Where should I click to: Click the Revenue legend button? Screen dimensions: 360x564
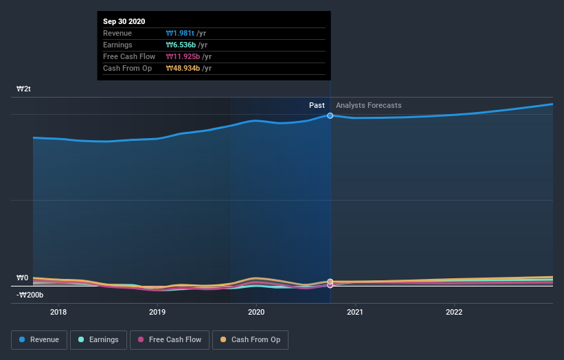coord(38,339)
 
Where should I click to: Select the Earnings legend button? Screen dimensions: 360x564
coord(98,339)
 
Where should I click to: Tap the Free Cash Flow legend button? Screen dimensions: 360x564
coord(169,339)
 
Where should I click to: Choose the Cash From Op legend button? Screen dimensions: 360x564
coord(250,339)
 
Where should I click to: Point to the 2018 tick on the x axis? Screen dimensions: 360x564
coord(58,311)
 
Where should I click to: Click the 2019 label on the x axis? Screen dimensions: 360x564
coord(157,311)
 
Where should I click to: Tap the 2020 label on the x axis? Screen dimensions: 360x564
coord(256,311)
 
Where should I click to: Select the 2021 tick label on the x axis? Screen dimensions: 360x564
coord(355,311)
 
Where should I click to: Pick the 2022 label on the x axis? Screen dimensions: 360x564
coord(454,311)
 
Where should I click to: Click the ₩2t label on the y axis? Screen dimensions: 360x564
coord(24,89)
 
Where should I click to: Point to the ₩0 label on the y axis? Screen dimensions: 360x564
coord(23,278)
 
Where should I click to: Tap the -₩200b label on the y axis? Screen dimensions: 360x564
coord(30,295)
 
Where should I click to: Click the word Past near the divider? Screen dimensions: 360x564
coord(317,105)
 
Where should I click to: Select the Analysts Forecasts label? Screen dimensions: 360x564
coord(368,105)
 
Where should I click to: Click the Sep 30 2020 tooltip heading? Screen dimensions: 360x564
coord(126,22)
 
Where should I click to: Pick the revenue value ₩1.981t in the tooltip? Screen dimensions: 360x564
coord(181,33)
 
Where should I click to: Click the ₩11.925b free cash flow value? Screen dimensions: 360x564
coord(185,56)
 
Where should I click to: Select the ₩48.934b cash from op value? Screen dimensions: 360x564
coord(185,68)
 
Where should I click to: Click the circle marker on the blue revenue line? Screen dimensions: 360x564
coord(330,115)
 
